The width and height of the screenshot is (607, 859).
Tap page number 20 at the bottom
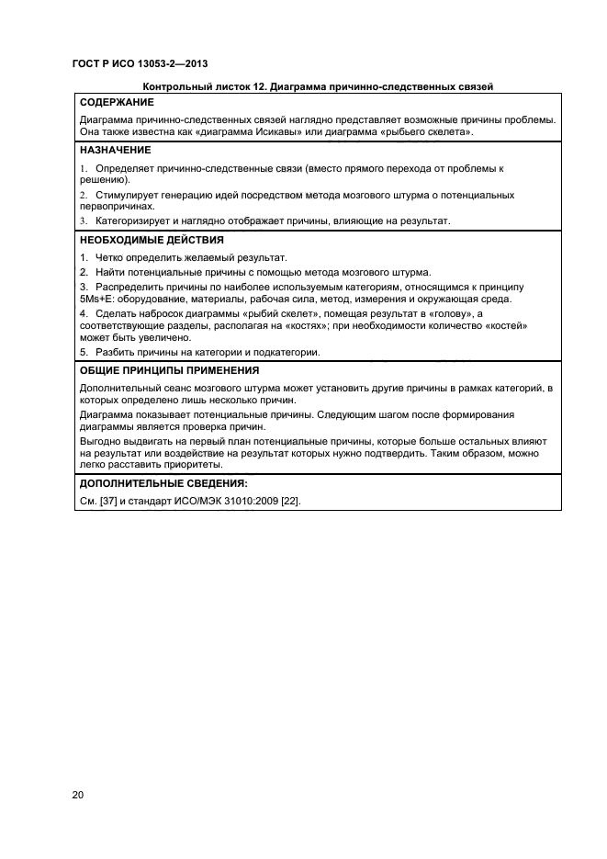click(78, 795)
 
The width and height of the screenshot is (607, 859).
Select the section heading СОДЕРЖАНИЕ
click(116, 102)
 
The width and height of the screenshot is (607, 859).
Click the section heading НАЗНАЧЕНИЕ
click(116, 150)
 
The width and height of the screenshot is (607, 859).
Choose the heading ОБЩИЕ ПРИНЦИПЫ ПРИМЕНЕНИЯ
click(169, 371)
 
